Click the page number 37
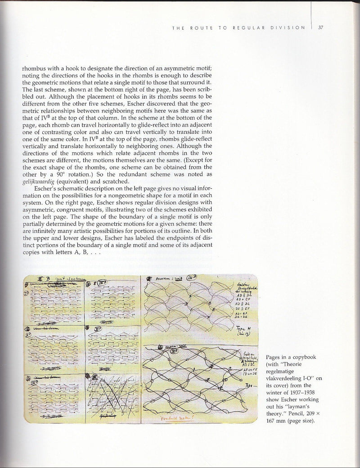321,27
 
